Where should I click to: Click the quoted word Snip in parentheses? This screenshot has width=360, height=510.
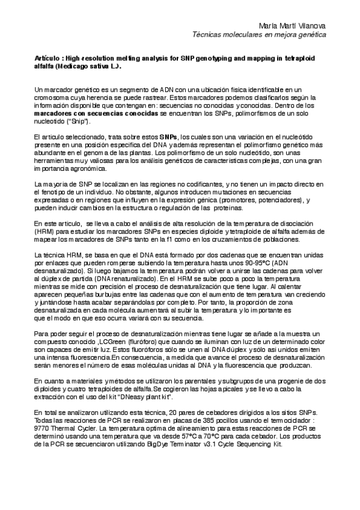[x=79, y=121]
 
